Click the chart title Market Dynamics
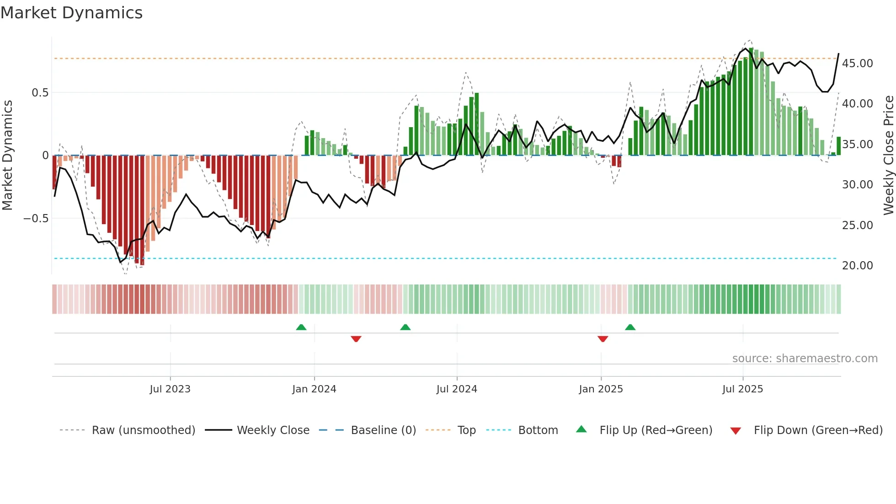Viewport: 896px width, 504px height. [71, 13]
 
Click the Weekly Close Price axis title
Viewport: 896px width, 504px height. [888, 155]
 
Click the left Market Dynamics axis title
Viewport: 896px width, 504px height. [7, 155]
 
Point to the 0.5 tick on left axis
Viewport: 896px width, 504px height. [40, 93]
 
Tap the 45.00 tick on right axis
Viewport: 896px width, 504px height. [857, 64]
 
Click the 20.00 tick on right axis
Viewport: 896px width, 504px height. [857, 266]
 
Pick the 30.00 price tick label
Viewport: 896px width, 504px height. [857, 185]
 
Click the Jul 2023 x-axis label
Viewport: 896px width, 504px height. [170, 389]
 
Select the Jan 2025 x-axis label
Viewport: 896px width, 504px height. [601, 389]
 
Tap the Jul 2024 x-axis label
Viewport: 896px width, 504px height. [457, 389]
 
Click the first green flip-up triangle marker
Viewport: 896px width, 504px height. [301, 327]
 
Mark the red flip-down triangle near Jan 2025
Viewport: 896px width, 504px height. [603, 339]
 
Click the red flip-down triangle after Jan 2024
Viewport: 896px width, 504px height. [356, 339]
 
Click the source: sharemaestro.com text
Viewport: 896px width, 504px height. [805, 359]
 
